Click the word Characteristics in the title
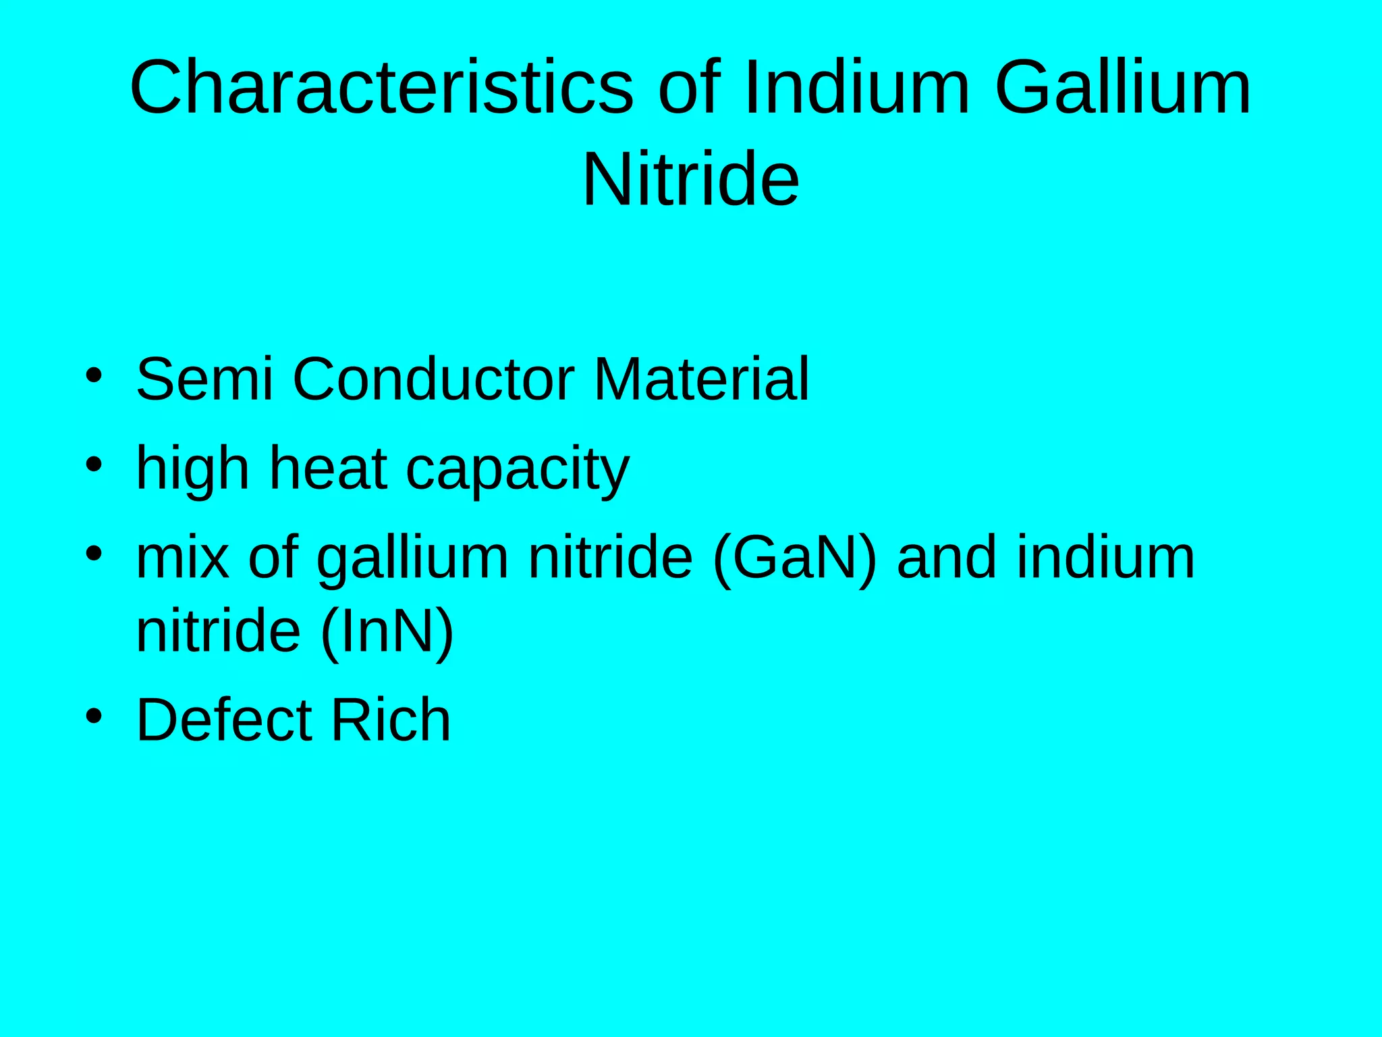(x=381, y=88)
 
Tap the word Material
(x=701, y=379)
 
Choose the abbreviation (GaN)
(x=795, y=559)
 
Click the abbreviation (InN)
(x=387, y=632)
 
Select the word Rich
(x=391, y=720)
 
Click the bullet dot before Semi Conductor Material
(x=94, y=375)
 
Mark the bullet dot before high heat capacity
(x=94, y=464)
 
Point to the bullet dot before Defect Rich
(x=94, y=716)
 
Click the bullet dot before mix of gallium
(x=94, y=554)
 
